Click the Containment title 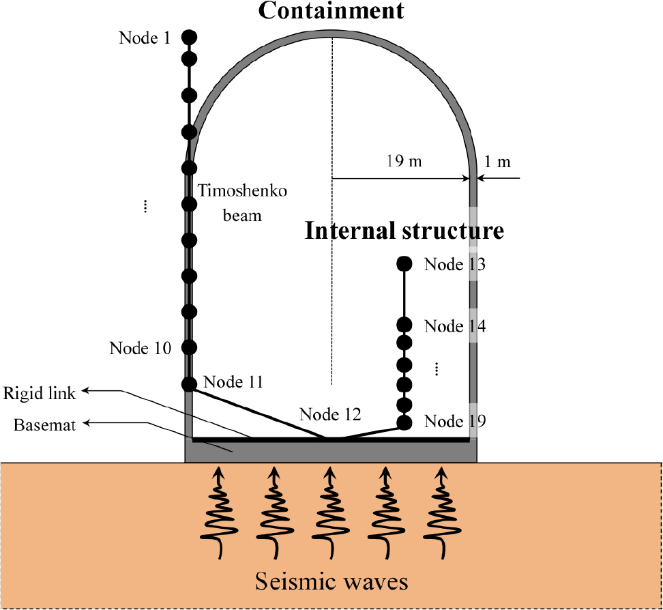pos(331,10)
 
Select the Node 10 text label pos(140,348)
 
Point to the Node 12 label pos(330,413)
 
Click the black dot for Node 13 pos(404,263)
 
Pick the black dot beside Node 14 pos(404,325)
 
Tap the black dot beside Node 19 pos(404,423)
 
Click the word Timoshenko pos(243,192)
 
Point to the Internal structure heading pos(404,231)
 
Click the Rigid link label pos(40,393)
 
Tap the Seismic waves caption pos(331,581)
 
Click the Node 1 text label pos(145,38)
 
